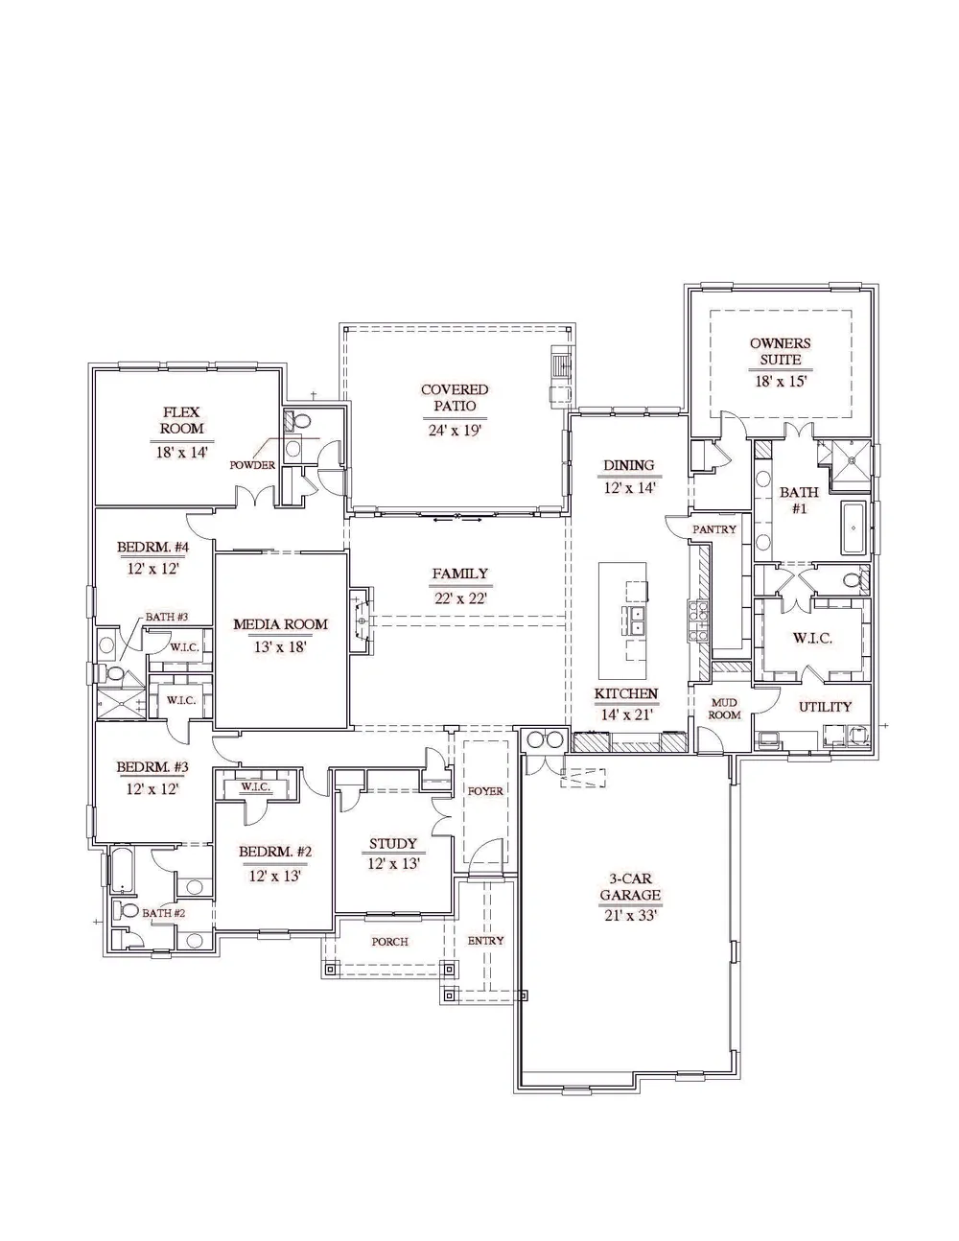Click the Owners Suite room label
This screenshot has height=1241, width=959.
(x=780, y=352)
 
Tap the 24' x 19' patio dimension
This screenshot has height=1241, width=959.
(x=455, y=430)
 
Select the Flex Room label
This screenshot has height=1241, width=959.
(x=181, y=420)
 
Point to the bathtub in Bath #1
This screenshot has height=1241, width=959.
(x=854, y=528)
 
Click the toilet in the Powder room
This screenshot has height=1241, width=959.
(x=300, y=421)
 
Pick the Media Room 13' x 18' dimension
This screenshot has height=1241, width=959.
(x=280, y=647)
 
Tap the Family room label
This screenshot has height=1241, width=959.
(x=460, y=574)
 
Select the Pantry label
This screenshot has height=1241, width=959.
(x=714, y=529)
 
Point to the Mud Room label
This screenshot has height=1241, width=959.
(x=724, y=708)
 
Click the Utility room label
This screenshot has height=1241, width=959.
(x=825, y=707)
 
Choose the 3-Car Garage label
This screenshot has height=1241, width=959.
(x=630, y=887)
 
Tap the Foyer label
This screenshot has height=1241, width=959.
(x=485, y=791)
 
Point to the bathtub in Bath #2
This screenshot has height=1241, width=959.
(x=123, y=871)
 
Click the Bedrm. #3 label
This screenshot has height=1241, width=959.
(x=152, y=767)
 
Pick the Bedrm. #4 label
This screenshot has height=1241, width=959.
(x=153, y=547)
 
